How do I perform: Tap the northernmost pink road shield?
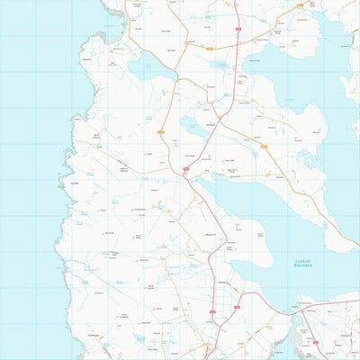point(238,28)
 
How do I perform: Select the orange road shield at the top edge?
point(300,4)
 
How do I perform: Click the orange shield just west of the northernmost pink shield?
point(191,40)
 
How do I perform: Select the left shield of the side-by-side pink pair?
point(212,312)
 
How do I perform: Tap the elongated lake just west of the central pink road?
point(193,124)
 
